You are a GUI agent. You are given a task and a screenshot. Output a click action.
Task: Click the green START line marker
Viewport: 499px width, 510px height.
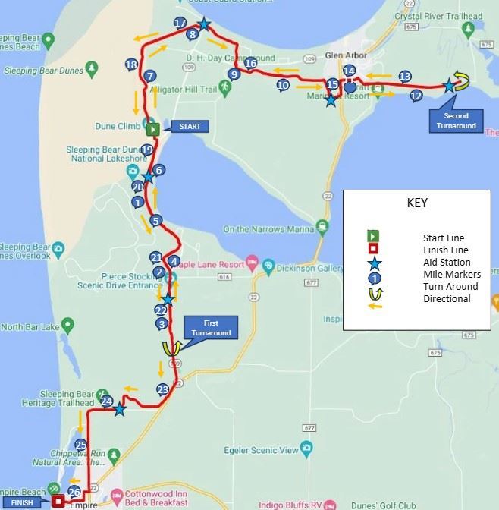(x=152, y=128)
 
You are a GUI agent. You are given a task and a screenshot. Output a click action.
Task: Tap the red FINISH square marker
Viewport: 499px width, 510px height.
(x=58, y=501)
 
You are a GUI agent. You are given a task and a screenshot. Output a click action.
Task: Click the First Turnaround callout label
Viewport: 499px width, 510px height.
(x=211, y=329)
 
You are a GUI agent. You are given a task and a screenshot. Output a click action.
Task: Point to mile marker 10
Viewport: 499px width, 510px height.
(x=283, y=86)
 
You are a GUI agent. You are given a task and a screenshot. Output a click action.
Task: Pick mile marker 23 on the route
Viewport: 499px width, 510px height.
(x=162, y=389)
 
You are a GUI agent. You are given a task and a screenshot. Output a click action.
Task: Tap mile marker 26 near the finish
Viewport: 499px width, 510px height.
(x=74, y=492)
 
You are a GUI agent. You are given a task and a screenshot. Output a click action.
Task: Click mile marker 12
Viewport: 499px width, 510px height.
(x=416, y=96)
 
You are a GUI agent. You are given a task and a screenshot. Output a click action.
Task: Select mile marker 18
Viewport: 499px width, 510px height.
(x=131, y=65)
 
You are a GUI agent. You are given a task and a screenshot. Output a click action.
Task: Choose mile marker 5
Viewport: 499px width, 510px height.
(x=155, y=221)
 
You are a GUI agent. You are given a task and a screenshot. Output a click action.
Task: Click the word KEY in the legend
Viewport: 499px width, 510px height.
(x=418, y=203)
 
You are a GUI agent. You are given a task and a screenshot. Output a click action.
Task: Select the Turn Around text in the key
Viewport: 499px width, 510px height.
(x=450, y=286)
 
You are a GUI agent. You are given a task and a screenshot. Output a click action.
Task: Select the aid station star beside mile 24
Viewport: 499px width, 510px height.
(x=120, y=410)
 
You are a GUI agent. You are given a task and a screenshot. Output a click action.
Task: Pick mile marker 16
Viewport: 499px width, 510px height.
(x=250, y=64)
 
